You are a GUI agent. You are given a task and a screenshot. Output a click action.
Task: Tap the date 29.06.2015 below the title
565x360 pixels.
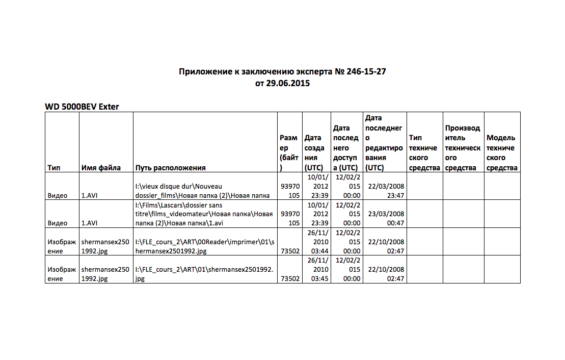tap(289, 83)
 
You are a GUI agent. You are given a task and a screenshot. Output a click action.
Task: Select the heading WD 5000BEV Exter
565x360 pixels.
tap(82, 107)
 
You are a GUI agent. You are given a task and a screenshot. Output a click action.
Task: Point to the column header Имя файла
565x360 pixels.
tap(101, 168)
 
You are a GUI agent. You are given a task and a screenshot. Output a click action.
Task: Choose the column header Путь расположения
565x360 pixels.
tap(171, 168)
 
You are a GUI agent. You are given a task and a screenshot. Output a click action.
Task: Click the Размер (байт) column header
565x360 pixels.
tap(289, 152)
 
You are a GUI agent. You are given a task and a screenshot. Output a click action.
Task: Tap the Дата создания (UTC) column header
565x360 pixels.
tap(316, 152)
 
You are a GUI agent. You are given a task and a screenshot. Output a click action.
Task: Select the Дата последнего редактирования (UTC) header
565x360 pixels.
tap(384, 143)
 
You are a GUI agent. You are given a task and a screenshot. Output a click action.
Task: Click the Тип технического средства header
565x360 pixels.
tap(424, 152)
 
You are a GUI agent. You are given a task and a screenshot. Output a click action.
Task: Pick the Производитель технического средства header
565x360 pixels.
tap(463, 148)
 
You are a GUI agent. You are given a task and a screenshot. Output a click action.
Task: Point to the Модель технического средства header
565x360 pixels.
tap(501, 152)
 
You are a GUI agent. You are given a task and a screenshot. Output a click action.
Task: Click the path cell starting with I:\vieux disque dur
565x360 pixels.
tap(204, 191)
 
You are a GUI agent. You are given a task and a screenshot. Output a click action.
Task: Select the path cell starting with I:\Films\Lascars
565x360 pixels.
tap(204, 214)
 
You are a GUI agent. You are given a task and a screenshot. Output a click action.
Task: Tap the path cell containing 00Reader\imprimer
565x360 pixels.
tap(204, 246)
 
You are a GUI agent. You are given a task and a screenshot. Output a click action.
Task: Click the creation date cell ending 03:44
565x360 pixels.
tap(316, 241)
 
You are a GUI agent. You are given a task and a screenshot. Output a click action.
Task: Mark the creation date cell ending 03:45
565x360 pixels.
tap(316, 269)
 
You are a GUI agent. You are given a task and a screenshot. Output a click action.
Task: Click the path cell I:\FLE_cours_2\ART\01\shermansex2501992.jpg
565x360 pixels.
tap(204, 274)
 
